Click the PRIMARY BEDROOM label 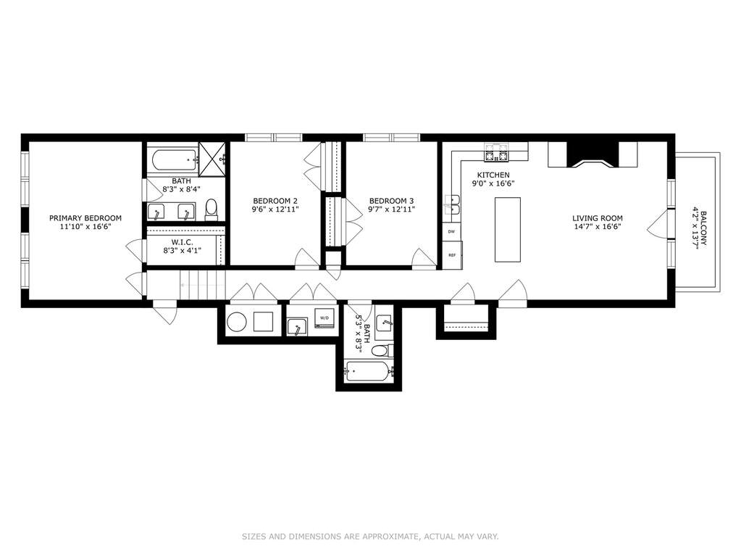tap(85, 218)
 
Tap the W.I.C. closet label tap(182, 241)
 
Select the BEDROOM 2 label tap(275, 201)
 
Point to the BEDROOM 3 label tap(391, 201)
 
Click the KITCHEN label tap(493, 175)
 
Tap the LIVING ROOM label tap(598, 218)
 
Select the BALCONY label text tap(703, 228)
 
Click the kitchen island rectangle tap(508, 229)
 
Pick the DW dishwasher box tap(451, 232)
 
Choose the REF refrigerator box tap(452, 255)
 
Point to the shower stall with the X tap(212, 159)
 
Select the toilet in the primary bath tap(212, 209)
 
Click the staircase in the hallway tap(202, 285)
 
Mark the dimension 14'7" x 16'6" tap(598, 226)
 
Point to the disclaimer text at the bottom tap(371, 536)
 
